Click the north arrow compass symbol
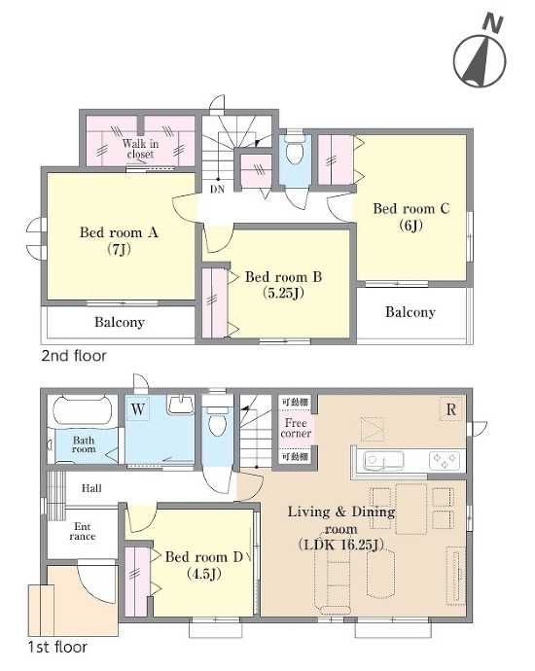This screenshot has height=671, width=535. click(x=480, y=55)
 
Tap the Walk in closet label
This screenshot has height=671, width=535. click(x=140, y=149)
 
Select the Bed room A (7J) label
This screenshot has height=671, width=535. click(x=119, y=240)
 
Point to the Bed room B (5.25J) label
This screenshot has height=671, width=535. click(x=283, y=285)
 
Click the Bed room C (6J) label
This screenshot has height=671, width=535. click(x=410, y=217)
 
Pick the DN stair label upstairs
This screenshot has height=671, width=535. click(x=218, y=189)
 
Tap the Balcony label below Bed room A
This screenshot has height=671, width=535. click(x=120, y=322)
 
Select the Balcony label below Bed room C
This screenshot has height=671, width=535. click(x=410, y=312)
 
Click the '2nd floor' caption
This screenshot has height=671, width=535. click(x=74, y=356)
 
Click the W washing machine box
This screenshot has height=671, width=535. click(x=138, y=409)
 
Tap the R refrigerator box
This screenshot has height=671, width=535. click(x=451, y=409)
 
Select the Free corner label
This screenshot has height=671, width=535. click(x=296, y=428)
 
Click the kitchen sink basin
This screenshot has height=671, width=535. click(x=383, y=460)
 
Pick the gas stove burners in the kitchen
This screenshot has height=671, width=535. click(x=445, y=461)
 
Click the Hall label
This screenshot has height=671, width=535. click(x=91, y=488)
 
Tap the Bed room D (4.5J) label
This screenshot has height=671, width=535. click(x=204, y=565)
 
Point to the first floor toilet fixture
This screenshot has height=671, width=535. click(x=218, y=421)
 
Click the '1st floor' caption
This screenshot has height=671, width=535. click(x=57, y=647)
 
